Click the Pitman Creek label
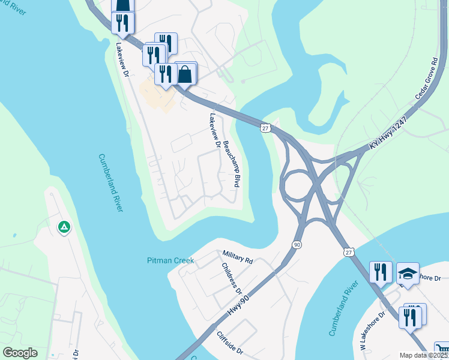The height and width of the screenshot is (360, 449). tap(170, 260)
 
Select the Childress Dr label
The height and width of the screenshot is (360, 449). tap(231, 278)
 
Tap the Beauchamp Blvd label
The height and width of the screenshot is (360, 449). tap(232, 164)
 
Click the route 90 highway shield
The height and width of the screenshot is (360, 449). tap(297, 245)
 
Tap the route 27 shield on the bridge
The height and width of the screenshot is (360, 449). tap(265, 127)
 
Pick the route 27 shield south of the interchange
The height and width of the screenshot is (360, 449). tap(349, 253)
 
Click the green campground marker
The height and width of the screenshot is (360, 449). tap(64, 227)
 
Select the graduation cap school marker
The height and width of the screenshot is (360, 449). tap(408, 274)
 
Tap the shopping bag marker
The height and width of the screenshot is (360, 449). tap(185, 74)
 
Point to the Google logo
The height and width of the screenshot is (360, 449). tap(20, 353)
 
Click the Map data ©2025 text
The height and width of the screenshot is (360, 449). tap(424, 355)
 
